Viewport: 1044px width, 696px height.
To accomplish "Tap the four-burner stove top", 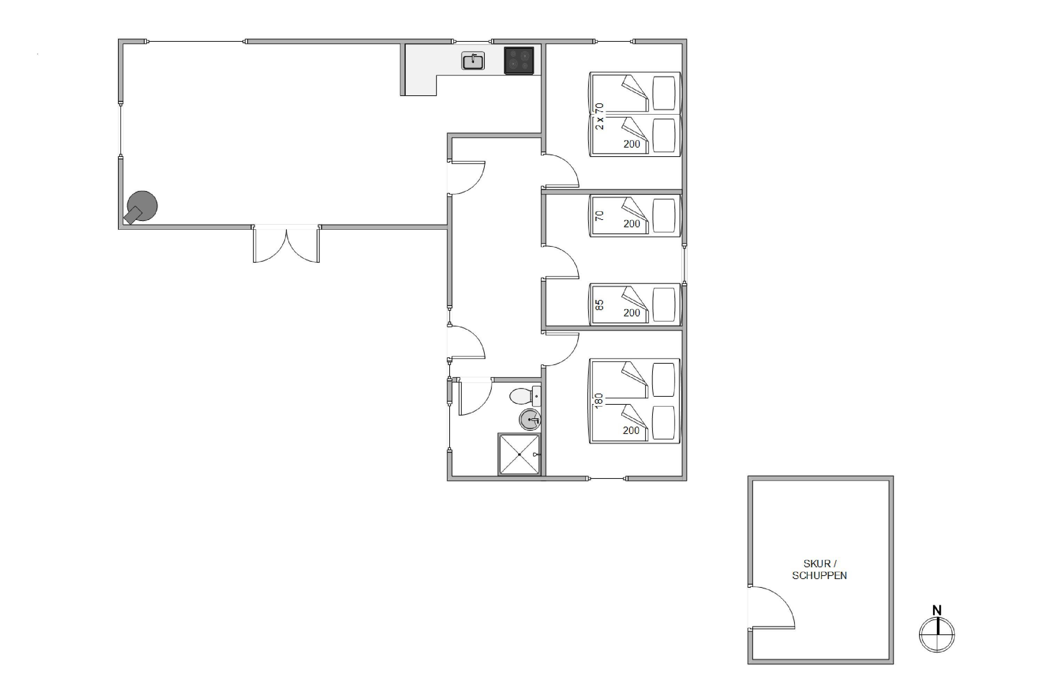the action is tap(519, 60).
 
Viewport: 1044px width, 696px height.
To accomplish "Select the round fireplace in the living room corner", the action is tap(142, 207).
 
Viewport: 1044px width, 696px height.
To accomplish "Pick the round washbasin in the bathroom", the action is tap(530, 419).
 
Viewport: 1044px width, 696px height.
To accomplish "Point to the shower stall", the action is tap(519, 454).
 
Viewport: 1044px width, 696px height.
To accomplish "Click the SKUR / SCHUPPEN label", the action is tap(820, 569).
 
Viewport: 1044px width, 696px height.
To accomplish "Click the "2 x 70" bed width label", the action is tap(599, 116).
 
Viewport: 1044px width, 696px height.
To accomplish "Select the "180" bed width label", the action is tap(599, 400).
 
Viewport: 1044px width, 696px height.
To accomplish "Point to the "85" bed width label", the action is tap(599, 305).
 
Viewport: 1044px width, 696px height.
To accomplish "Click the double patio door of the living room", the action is tap(286, 244).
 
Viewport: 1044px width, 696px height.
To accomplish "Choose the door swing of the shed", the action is tap(772, 607).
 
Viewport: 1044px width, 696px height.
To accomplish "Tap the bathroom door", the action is tap(475, 396).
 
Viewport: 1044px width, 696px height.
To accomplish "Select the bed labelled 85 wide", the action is tap(635, 304).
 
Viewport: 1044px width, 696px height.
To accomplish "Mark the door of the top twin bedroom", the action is tap(560, 171).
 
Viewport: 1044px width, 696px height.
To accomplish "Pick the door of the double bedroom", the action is tap(560, 349).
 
